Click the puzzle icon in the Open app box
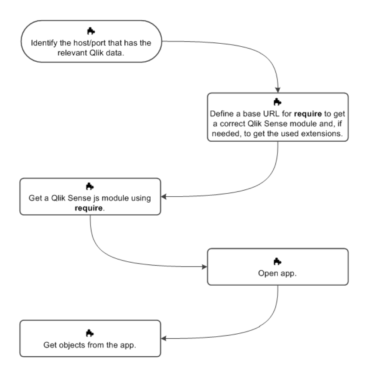[278, 261]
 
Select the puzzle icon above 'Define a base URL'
[277, 102]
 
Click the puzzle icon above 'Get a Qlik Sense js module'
[90, 186]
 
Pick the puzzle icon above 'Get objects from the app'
[90, 333]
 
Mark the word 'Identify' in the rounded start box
[45, 43]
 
